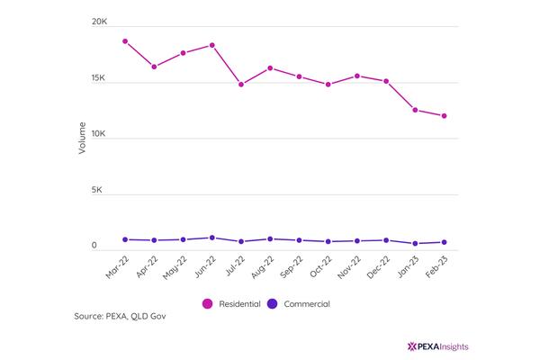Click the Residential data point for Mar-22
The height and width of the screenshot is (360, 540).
click(x=125, y=41)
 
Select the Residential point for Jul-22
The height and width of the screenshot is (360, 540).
click(x=241, y=85)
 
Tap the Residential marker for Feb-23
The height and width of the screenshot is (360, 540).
click(x=445, y=116)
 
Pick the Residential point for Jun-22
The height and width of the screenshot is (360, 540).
click(x=212, y=45)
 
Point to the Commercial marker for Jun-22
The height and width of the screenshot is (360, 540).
click(x=212, y=238)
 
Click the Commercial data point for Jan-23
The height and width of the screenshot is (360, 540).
click(x=415, y=243)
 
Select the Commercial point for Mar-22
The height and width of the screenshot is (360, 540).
click(x=125, y=239)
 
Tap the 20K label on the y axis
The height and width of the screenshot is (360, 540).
click(x=99, y=22)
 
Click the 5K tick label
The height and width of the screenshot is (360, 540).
click(x=97, y=190)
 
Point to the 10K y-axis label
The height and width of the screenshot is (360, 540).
click(x=98, y=134)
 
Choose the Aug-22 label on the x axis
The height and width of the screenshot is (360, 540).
click(x=263, y=267)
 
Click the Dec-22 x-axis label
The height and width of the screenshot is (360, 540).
click(x=378, y=267)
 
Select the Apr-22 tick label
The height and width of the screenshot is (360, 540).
click(x=147, y=267)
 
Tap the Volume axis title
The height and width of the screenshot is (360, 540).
click(x=82, y=138)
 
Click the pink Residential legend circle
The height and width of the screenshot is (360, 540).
click(x=207, y=304)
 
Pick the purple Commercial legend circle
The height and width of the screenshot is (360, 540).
click(x=273, y=304)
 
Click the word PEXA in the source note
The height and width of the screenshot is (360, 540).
click(x=117, y=316)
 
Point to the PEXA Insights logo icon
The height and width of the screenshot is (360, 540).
click(x=412, y=346)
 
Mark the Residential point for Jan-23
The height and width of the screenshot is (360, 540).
click(x=415, y=110)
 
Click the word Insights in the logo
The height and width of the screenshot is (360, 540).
click(x=454, y=346)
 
